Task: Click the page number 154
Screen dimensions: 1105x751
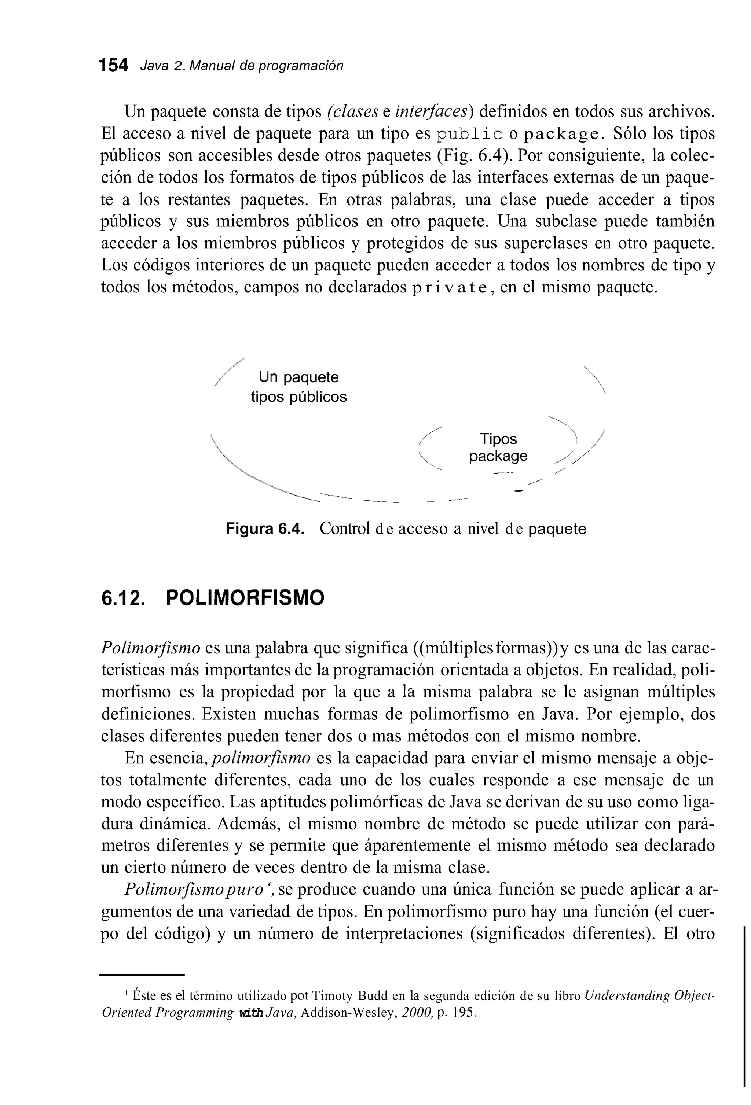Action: coord(114,66)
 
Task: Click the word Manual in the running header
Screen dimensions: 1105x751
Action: coord(212,66)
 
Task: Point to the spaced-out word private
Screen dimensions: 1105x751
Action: coord(450,288)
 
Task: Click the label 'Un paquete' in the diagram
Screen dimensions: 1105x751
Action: coord(299,377)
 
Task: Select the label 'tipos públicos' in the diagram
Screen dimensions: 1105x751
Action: coord(299,397)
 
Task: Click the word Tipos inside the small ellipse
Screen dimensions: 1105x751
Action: coord(498,438)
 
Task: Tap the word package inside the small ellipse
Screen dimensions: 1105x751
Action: coord(498,456)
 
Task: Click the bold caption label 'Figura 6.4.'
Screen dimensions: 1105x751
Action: coord(264,529)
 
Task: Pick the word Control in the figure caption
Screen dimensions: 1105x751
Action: coord(344,529)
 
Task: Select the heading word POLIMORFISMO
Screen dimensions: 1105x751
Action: coord(245,598)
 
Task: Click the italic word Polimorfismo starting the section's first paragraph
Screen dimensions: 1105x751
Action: coord(151,648)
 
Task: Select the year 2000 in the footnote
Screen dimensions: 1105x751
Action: coord(416,1013)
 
